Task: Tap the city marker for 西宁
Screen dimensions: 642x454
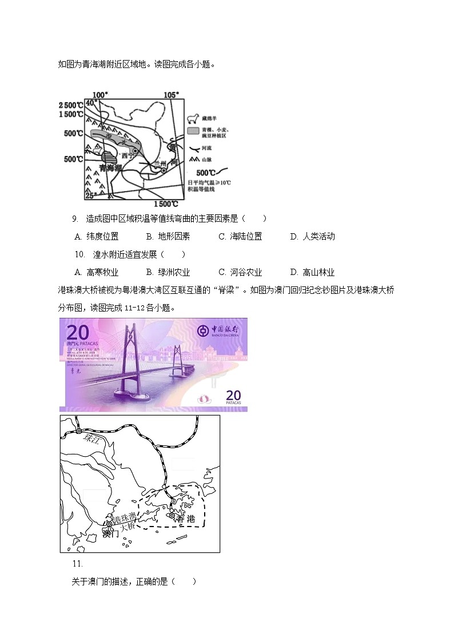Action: point(136,151)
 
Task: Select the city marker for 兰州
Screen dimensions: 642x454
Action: point(163,170)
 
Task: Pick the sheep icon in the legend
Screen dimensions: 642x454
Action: point(193,118)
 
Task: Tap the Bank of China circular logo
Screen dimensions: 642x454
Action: point(202,330)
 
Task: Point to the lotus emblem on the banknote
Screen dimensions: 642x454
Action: point(202,398)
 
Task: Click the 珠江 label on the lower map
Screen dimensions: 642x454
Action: point(91,439)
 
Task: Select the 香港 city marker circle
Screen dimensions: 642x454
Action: point(172,516)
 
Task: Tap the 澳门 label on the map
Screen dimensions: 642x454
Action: point(111,535)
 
